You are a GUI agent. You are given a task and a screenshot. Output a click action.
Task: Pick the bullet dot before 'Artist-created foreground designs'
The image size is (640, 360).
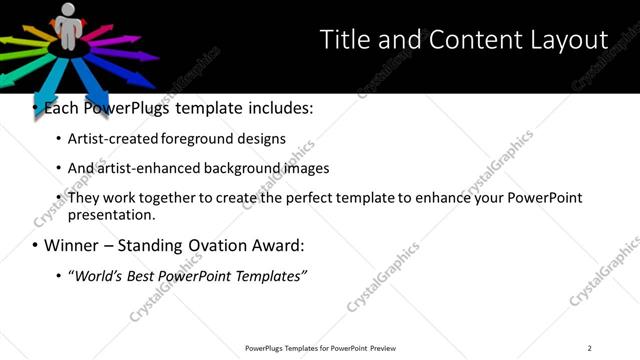tap(59, 139)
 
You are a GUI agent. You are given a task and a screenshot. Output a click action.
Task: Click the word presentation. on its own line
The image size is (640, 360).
tap(111, 215)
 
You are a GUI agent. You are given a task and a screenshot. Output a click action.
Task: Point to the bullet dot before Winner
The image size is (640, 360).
tap(36, 246)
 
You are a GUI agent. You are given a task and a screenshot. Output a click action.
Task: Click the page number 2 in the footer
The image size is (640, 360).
tap(589, 348)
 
